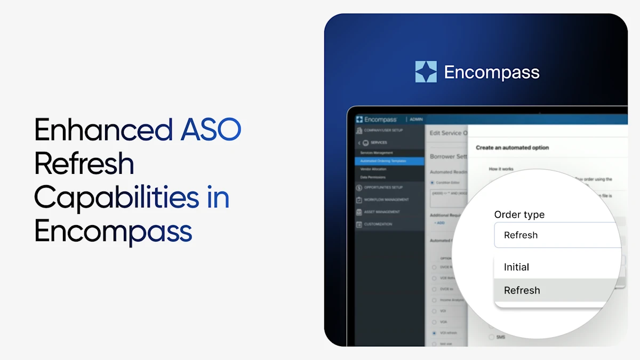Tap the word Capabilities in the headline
tap(116, 197)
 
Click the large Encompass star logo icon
tap(426, 72)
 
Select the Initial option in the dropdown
tap(516, 267)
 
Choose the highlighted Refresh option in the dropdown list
tap(522, 290)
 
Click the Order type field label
tap(519, 214)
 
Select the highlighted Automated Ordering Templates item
tap(383, 161)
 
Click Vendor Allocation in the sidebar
tap(373, 169)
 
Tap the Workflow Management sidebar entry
tap(386, 199)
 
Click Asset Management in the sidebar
tap(381, 212)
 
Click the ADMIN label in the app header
tap(417, 119)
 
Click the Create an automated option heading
tap(512, 147)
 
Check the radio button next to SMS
tap(491, 337)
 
